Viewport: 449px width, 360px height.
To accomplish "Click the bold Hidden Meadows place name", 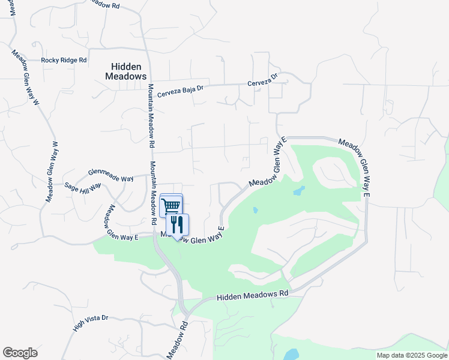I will coord(125,71).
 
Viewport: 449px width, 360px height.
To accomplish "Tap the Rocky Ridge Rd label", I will coord(64,60).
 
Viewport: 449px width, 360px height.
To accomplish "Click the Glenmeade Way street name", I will coord(110,175).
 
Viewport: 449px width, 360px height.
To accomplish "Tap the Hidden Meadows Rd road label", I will coord(252,296).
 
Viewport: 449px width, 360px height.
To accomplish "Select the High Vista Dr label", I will coord(90,323).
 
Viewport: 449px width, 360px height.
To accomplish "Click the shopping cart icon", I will coord(171,206).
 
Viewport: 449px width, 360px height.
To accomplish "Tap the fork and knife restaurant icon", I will coord(177,224).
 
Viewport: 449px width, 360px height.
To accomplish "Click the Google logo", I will coord(20,353).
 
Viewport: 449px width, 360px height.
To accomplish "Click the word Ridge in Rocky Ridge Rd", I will coord(67,60).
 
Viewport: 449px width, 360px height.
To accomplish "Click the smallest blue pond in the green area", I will coord(256,211).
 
